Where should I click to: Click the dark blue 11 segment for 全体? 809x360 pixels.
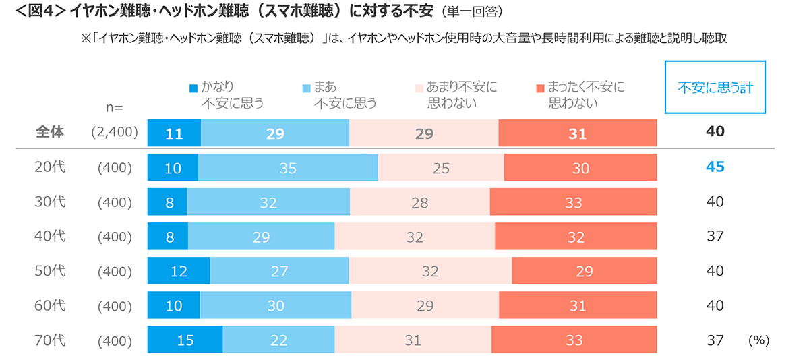click(x=174, y=133)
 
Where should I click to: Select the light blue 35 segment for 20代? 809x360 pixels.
click(x=288, y=168)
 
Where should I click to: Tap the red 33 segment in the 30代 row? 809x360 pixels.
click(x=573, y=202)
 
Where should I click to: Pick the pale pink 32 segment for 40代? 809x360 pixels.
click(x=415, y=237)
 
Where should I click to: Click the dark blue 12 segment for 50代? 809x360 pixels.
click(x=179, y=271)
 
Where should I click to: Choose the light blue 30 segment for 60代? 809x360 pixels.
click(x=276, y=306)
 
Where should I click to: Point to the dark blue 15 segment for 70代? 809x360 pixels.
click(x=185, y=340)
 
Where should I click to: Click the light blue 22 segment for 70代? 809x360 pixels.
click(x=278, y=340)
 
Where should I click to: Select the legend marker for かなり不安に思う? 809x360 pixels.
click(x=193, y=88)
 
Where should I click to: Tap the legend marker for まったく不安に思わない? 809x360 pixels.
click(x=539, y=88)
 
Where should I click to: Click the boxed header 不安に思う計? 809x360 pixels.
click(x=715, y=88)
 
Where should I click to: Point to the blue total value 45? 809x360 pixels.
click(x=715, y=167)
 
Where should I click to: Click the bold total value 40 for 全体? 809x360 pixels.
click(x=715, y=131)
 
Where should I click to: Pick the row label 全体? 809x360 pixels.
click(x=50, y=132)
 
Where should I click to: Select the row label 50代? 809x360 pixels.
click(x=50, y=271)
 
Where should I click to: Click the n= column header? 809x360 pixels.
click(x=114, y=107)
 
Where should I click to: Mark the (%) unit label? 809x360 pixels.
click(x=758, y=340)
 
